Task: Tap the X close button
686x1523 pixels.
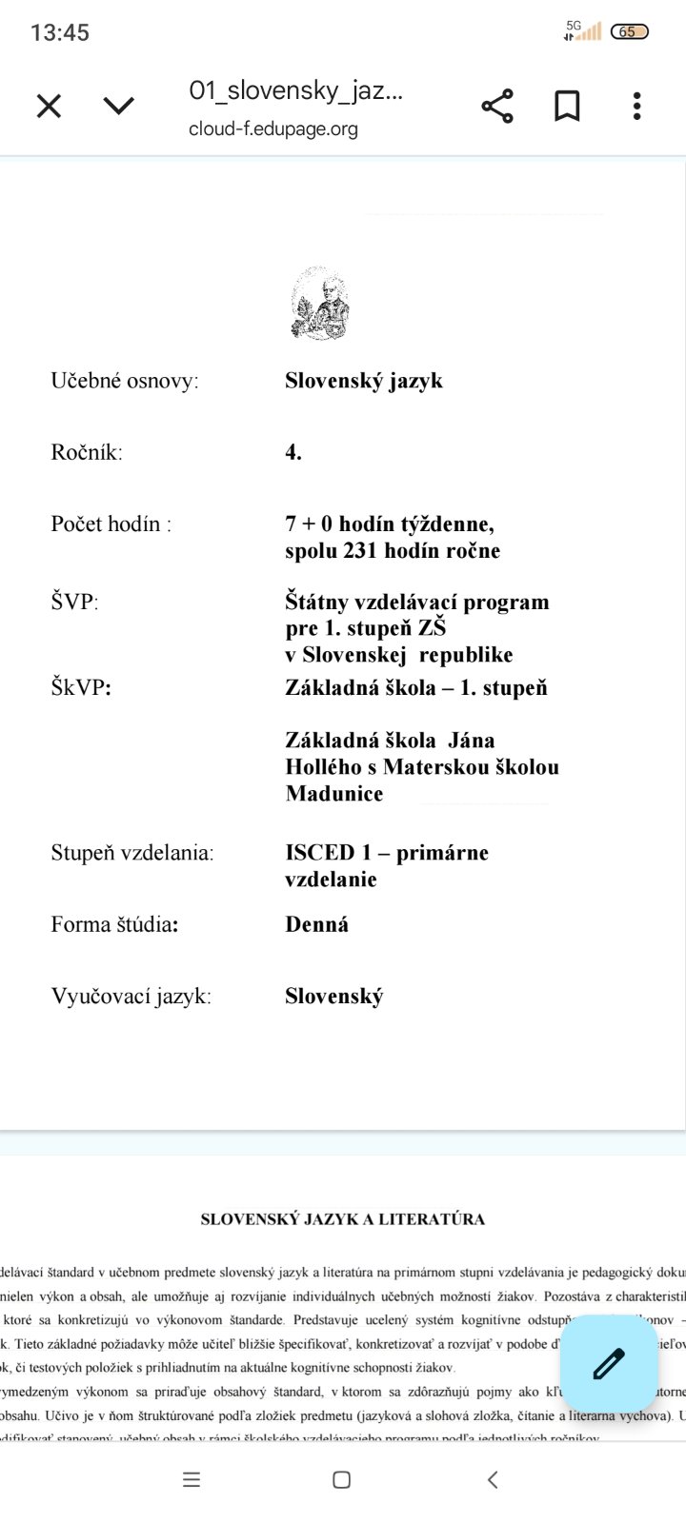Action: point(49,106)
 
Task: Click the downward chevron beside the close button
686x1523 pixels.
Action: point(118,106)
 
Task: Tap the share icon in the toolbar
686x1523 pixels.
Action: point(497,106)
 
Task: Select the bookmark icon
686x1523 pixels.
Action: point(567,106)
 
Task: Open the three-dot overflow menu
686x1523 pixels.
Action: point(636,106)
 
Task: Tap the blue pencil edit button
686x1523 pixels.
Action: point(609,1364)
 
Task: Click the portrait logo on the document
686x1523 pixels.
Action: point(320,303)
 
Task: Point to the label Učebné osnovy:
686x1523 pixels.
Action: point(125,381)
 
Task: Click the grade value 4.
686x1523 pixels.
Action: point(293,452)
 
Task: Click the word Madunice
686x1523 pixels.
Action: point(333,793)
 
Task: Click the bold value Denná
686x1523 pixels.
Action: point(316,924)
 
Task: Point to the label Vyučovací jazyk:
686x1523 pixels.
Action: point(131,997)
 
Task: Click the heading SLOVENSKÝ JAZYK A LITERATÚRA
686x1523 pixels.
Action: point(342,1219)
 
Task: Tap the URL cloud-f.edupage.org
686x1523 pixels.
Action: point(273,129)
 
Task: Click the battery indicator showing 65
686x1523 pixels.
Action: point(628,31)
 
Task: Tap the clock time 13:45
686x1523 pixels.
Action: point(60,32)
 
